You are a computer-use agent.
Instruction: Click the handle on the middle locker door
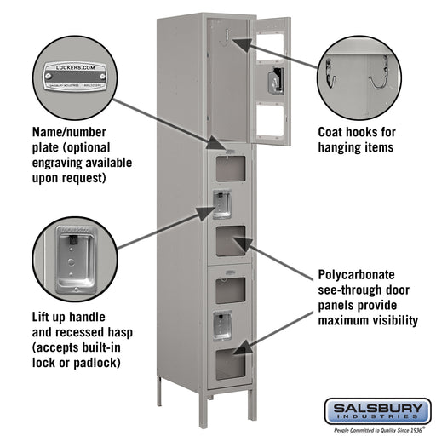coord(221,204)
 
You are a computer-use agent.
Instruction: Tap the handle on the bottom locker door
coord(221,324)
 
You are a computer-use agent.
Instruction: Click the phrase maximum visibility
coord(367,321)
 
